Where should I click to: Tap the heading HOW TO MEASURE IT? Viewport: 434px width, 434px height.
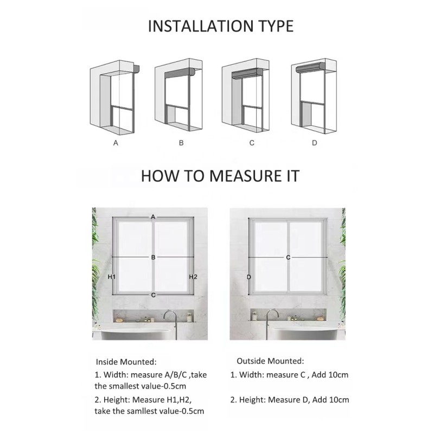220,176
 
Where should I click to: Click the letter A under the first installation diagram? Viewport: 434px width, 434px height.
115,143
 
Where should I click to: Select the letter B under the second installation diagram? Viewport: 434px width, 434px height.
181,143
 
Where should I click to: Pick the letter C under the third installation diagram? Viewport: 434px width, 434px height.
251,143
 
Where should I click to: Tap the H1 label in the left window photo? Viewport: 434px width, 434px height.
112,277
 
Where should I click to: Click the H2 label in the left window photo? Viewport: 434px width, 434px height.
193,277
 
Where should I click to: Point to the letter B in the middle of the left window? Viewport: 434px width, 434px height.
154,257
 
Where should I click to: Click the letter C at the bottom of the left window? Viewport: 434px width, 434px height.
154,295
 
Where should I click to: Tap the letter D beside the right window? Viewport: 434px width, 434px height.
249,277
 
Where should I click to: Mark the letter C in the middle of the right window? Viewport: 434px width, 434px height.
288,257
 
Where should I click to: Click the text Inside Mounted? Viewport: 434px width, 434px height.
126,361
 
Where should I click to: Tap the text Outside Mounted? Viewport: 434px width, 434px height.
270,361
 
